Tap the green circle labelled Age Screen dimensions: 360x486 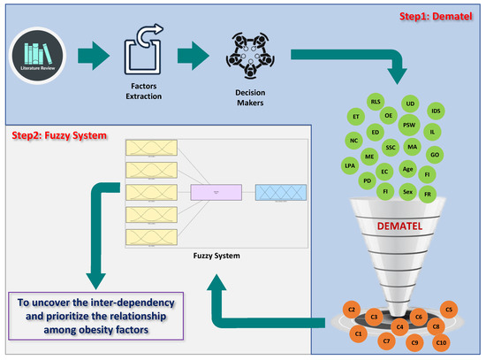point(407,169)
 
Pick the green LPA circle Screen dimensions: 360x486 point(349,165)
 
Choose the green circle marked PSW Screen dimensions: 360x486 point(409,125)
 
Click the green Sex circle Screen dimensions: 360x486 point(407,191)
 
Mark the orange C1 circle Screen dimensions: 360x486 point(359,333)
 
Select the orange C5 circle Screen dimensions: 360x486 point(449,310)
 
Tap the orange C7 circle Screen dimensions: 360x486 point(386,341)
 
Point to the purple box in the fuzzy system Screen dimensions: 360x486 point(215,192)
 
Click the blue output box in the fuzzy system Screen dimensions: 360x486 point(280,193)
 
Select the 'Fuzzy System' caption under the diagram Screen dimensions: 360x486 point(216,257)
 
